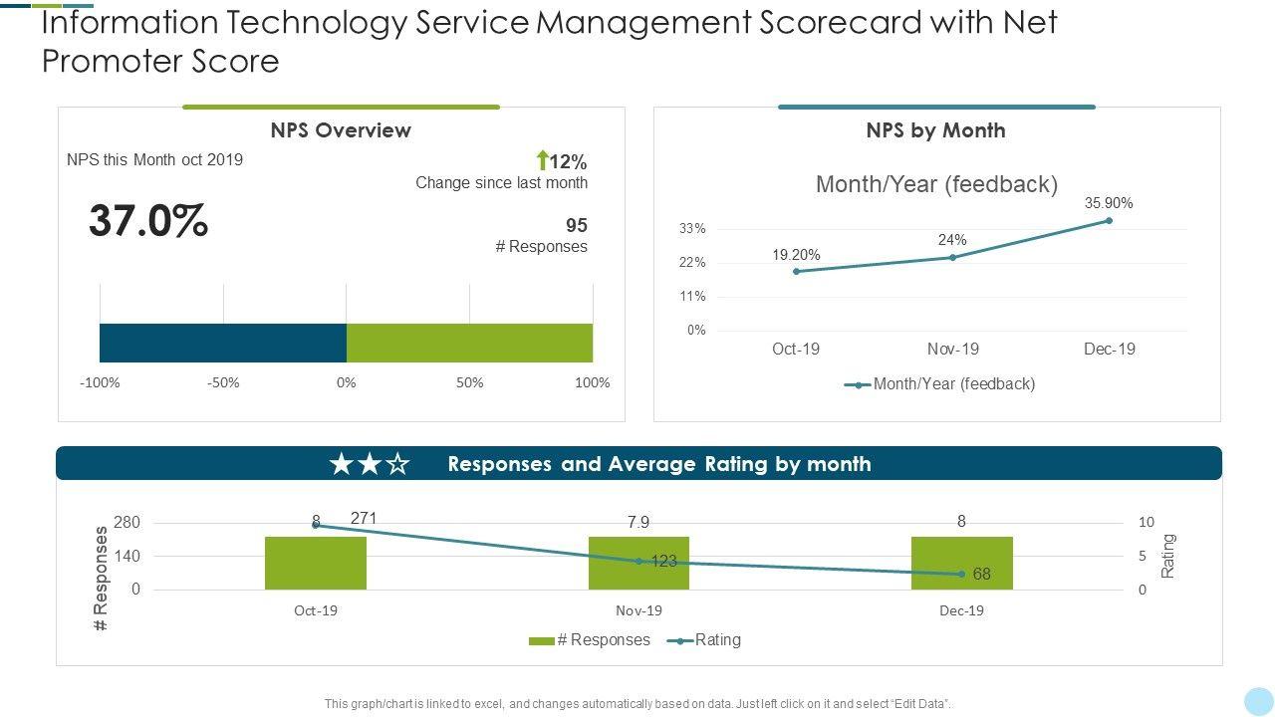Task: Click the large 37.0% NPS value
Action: pyautogui.click(x=148, y=221)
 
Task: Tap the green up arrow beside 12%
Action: pyautogui.click(x=543, y=160)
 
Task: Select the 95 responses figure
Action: pyautogui.click(x=577, y=225)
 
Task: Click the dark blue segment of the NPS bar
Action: pyautogui.click(x=222, y=343)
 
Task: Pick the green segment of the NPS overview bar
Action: pyautogui.click(x=469, y=343)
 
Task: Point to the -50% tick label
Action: pyautogui.click(x=223, y=382)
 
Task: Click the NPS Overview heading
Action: pyautogui.click(x=341, y=130)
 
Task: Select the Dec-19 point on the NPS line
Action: pyautogui.click(x=1109, y=221)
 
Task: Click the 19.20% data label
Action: pyautogui.click(x=796, y=255)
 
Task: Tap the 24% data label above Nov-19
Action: pyautogui.click(x=952, y=240)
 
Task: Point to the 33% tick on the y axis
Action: pyautogui.click(x=693, y=229)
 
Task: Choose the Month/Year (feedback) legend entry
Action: pyautogui.click(x=940, y=383)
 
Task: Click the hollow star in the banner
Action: pyautogui.click(x=397, y=464)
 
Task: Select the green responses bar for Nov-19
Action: pyautogui.click(x=638, y=563)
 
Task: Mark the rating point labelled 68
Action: pyautogui.click(x=961, y=574)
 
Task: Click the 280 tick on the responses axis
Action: pyautogui.click(x=127, y=523)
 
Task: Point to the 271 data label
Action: pyautogui.click(x=364, y=518)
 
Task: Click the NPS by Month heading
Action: pyautogui.click(x=935, y=130)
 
